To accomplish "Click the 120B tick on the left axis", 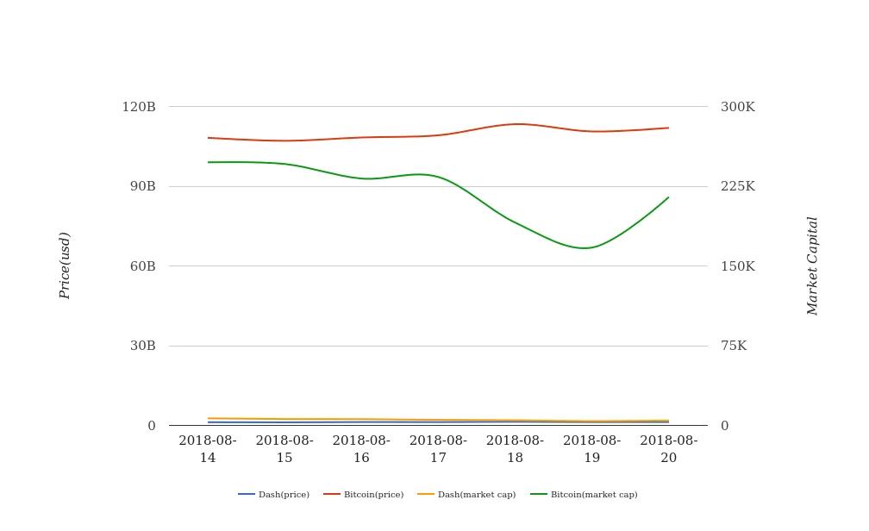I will pyautogui.click(x=139, y=107).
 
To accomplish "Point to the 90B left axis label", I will pyautogui.click(x=142, y=186).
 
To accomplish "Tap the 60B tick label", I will pyautogui.click(x=142, y=266).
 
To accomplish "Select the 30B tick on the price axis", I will pyautogui.click(x=142, y=346).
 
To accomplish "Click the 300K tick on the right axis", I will pyautogui.click(x=738, y=107).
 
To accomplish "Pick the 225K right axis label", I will pyautogui.click(x=738, y=186).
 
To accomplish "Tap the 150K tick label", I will pyautogui.click(x=738, y=266).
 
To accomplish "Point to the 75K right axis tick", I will pyautogui.click(x=734, y=346).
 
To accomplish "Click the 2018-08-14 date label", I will pyautogui.click(x=208, y=449).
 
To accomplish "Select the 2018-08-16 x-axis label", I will pyautogui.click(x=361, y=449).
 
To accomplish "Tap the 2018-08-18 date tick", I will pyautogui.click(x=515, y=449).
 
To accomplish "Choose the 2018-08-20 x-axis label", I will pyautogui.click(x=669, y=449).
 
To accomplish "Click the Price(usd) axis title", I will pyautogui.click(x=65, y=265).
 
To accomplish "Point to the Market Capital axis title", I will pyautogui.click(x=813, y=265).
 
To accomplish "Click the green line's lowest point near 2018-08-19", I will pyautogui.click(x=585, y=248).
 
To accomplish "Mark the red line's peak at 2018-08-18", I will pyautogui.click(x=516, y=124).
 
